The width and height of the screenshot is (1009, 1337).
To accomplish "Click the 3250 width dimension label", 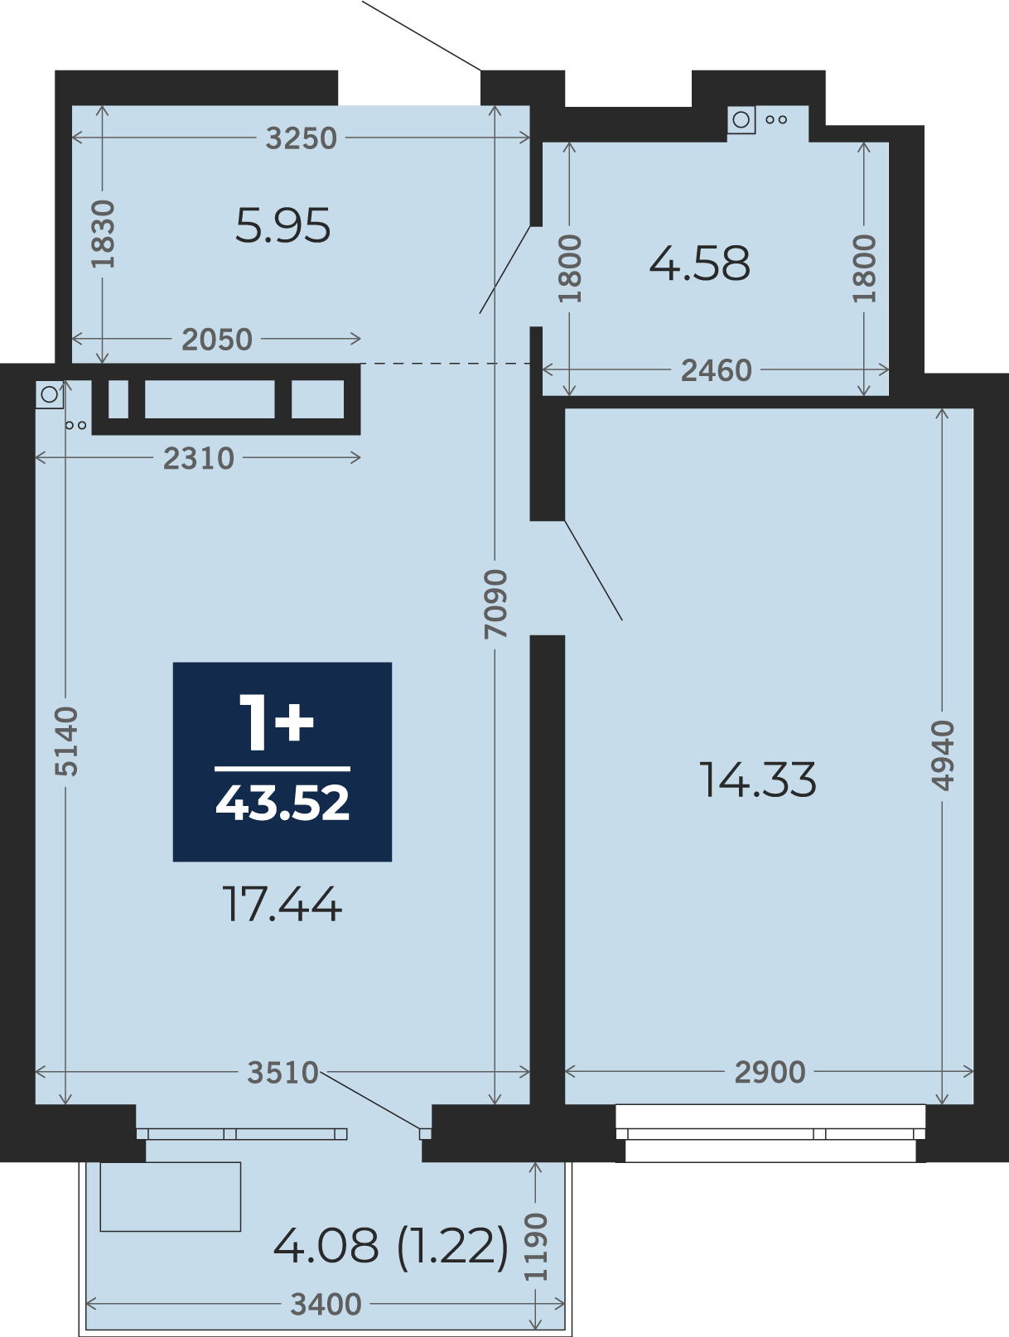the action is point(301,138).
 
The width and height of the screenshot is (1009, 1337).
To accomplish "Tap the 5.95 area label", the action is point(283,225).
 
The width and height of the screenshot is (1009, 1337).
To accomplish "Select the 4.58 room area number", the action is point(700,263).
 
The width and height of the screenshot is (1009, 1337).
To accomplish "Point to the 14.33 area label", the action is point(757,780).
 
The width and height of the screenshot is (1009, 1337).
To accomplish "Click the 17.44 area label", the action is point(282,904).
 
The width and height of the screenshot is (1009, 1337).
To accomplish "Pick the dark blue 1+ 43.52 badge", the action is point(282,761).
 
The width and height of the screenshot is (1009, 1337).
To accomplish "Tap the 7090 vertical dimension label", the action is point(495,604).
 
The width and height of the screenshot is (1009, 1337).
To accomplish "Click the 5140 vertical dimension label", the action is point(66,741).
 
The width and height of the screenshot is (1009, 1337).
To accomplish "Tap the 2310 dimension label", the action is point(199,459).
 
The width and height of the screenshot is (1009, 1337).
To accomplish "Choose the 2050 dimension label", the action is point(217,340).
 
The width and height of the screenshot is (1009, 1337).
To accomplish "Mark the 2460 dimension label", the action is point(716,370).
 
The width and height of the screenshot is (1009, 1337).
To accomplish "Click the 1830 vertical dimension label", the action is point(103,234).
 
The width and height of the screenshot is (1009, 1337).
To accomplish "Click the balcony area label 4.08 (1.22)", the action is point(390,1245).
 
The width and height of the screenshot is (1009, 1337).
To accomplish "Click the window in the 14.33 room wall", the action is point(770,1133).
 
